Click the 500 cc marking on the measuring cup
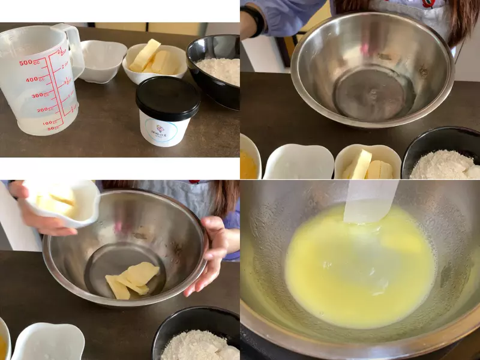pos(27,62)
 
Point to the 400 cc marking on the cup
pos(33,79)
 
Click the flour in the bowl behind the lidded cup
pos(219,69)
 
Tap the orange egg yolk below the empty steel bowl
pos(248,166)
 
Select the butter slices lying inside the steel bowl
pos(132,280)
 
